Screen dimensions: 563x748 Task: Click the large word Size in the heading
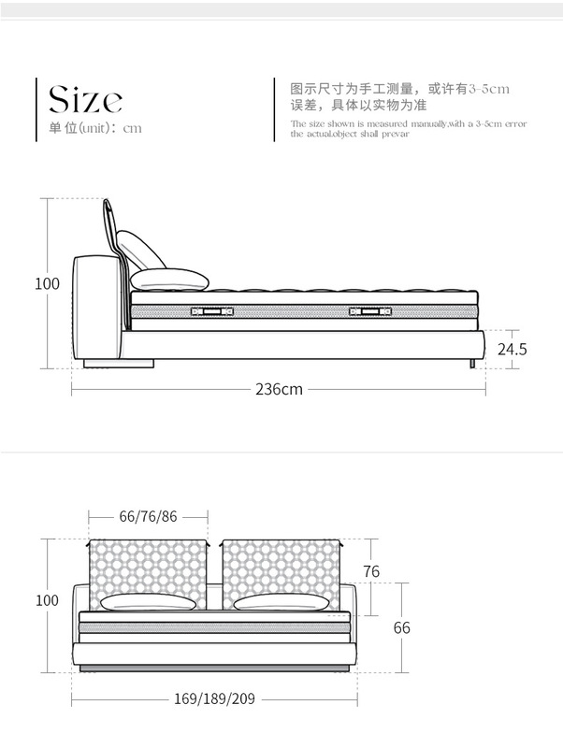point(85,98)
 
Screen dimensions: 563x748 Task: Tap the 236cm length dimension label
point(279,389)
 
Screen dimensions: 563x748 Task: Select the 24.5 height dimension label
point(512,350)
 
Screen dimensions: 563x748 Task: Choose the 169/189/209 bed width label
point(214,698)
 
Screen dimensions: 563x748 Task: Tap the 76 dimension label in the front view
point(371,572)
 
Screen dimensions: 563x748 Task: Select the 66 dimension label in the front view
point(401,627)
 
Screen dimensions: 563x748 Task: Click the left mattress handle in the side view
point(211,310)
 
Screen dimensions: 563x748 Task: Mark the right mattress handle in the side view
point(369,310)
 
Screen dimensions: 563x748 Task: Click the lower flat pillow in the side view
point(170,279)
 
